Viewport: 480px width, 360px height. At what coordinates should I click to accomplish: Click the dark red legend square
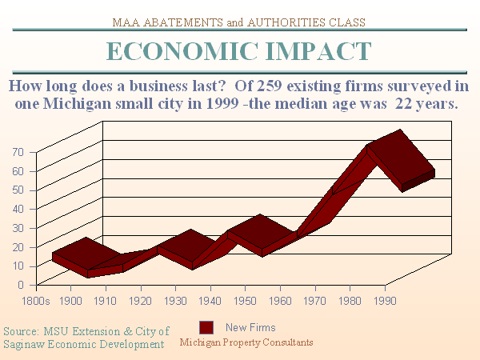coord(206,327)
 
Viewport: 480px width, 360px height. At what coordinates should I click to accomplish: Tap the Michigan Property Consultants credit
coord(246,342)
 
